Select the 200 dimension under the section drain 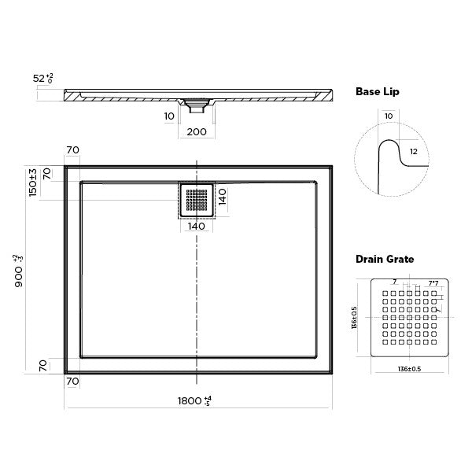[x=197, y=131]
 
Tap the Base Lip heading [x=378, y=92]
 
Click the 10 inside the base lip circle [x=388, y=116]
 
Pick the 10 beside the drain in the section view [x=169, y=116]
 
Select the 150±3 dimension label [x=33, y=183]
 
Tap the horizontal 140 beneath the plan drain [x=196, y=227]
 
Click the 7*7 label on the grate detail [x=433, y=282]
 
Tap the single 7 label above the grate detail [x=394, y=282]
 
